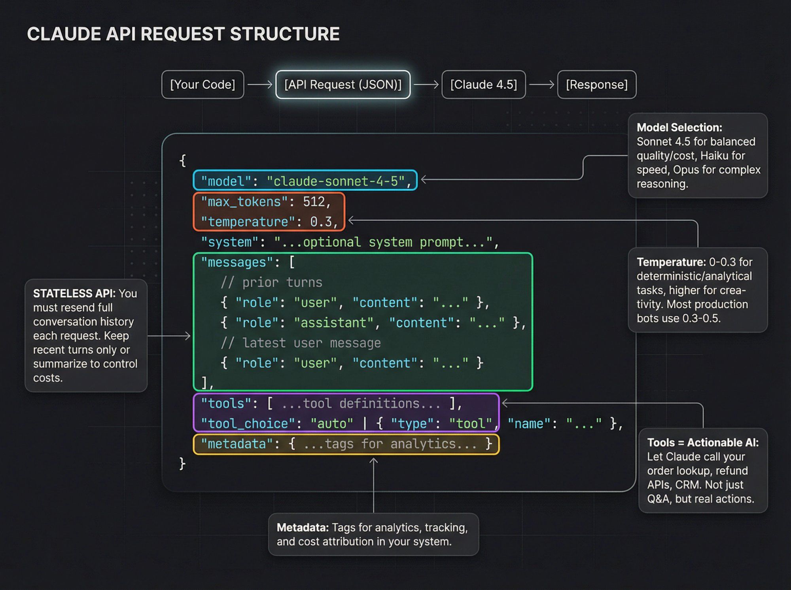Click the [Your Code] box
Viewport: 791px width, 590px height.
click(202, 85)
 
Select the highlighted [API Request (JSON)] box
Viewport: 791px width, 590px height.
click(343, 85)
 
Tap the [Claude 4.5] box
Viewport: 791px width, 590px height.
click(483, 85)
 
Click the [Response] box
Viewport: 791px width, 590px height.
click(596, 85)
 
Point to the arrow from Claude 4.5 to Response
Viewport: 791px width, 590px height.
click(541, 85)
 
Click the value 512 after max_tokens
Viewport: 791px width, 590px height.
click(313, 202)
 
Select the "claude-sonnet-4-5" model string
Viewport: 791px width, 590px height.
click(335, 181)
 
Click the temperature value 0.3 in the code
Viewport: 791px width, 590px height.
click(321, 222)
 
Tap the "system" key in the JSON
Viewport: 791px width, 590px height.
click(229, 242)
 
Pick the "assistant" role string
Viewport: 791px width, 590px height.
click(333, 323)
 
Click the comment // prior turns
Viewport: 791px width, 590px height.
click(271, 283)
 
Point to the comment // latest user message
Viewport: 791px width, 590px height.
click(301, 343)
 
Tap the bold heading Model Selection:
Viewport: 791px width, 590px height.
click(679, 128)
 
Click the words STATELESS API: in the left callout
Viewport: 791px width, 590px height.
click(74, 294)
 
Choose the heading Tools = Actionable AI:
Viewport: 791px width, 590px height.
click(702, 443)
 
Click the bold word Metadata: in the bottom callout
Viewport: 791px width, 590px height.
click(303, 528)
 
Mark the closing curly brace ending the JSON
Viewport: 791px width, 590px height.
click(182, 464)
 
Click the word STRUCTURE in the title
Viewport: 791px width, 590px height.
click(284, 34)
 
